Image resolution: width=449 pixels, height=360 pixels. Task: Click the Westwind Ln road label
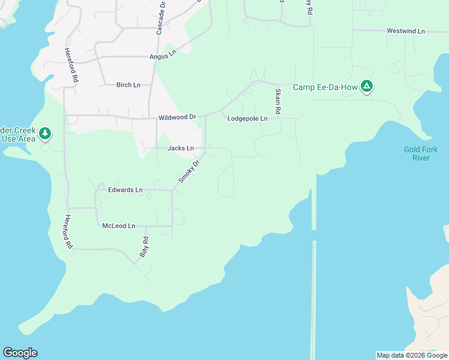[406, 31]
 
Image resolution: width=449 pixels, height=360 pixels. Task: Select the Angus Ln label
[163, 55]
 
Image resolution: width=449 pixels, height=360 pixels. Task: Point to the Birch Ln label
[128, 85]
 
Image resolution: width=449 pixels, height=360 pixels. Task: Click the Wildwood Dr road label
[177, 118]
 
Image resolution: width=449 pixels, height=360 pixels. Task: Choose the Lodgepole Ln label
[247, 119]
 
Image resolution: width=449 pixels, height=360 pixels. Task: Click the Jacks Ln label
[181, 148]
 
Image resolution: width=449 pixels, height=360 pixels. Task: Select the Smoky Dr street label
[188, 171]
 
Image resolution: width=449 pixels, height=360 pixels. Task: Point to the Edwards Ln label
[125, 190]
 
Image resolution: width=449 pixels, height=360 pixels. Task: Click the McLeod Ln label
[118, 226]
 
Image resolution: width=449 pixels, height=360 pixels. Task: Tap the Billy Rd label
[144, 247]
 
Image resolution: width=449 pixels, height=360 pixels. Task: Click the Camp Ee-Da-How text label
[325, 88]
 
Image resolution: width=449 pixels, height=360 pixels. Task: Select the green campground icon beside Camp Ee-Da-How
[367, 87]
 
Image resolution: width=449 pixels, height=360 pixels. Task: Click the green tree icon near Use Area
[44, 133]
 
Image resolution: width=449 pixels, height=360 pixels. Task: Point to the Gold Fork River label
[420, 154]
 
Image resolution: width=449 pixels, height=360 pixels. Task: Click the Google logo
[20, 353]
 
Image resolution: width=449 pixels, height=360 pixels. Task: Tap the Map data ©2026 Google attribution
[412, 355]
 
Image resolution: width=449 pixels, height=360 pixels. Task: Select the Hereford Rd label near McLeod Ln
[69, 232]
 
